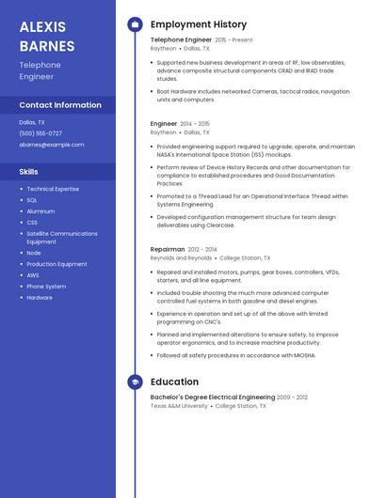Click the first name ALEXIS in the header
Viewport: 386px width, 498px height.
[43, 26]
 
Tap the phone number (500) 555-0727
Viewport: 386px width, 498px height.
[40, 133]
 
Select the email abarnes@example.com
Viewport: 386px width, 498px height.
[52, 145]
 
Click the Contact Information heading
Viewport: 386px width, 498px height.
[60, 105]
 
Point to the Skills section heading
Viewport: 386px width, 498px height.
[29, 172]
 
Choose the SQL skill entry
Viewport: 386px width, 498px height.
[32, 200]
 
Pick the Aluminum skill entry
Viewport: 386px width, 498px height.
[40, 211]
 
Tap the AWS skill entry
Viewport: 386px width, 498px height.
[33, 275]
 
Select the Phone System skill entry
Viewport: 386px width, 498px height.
[46, 287]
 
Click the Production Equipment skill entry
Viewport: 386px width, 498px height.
[56, 264]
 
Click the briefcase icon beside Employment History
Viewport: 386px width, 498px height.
[134, 24]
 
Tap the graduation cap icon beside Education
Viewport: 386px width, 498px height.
[134, 382]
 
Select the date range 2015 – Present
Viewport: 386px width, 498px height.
[233, 40]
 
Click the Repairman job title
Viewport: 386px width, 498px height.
[168, 249]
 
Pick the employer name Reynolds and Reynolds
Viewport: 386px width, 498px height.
[181, 257]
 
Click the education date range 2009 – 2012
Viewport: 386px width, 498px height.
[292, 397]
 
